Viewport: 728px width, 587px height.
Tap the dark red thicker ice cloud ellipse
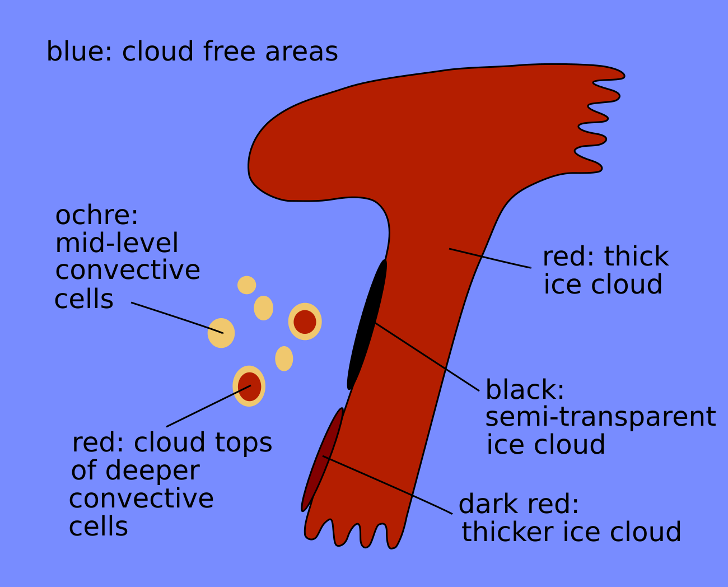pos(322,459)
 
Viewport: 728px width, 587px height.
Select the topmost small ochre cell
pos(246,285)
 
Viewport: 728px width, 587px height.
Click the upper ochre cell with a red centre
pos(305,322)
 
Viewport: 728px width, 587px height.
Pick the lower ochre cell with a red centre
pos(249,386)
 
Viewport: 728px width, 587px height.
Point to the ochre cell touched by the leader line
pos(221,333)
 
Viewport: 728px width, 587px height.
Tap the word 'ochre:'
pos(96,215)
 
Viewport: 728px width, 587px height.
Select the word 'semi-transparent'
pos(600,417)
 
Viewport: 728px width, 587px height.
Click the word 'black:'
pos(524,389)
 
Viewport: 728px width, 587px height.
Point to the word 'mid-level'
pos(116,243)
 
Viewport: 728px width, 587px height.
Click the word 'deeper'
pos(152,470)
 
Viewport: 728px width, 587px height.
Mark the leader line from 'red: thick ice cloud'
pos(491,258)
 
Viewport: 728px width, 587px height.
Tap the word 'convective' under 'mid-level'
pos(128,271)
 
